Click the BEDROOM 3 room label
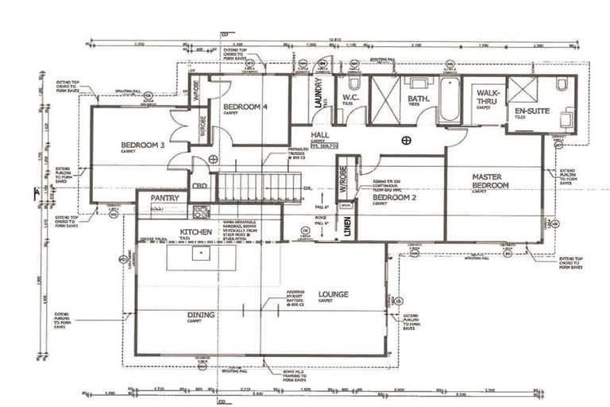coord(143,145)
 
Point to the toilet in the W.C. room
coord(354,83)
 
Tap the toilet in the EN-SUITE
coord(562,84)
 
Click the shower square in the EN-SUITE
coord(522,90)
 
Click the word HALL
coord(320,135)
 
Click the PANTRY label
coord(162,197)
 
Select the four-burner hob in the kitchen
coord(201,211)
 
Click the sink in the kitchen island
coord(202,254)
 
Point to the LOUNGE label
coord(333,294)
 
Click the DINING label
coord(201,315)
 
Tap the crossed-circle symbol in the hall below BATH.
coord(406,141)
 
